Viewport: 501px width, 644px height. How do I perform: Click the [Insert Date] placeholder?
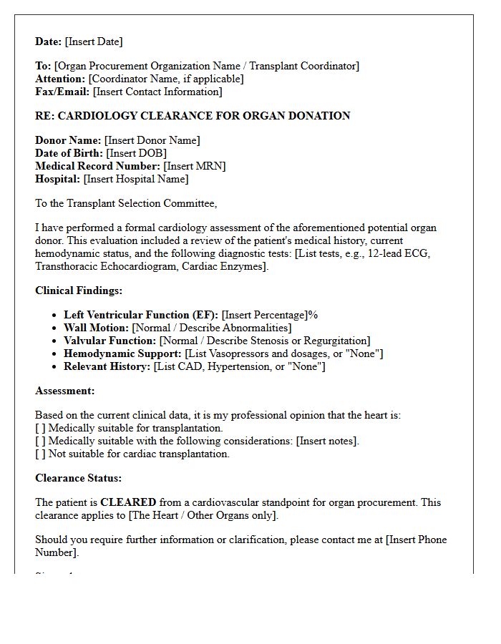click(94, 42)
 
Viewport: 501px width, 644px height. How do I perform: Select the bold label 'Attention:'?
click(60, 79)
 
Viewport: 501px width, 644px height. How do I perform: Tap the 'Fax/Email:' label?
click(62, 92)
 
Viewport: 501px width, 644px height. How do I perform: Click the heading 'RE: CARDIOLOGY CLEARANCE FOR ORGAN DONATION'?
click(193, 116)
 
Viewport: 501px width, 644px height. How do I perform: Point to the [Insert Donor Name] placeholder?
click(152, 140)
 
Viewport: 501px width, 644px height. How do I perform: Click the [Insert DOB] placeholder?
click(136, 153)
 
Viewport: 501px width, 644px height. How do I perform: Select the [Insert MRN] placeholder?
click(194, 166)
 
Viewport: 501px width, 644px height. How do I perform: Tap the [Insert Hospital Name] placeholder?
click(136, 179)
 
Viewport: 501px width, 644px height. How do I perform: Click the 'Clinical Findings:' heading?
click(79, 291)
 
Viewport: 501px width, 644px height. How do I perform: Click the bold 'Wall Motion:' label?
click(96, 328)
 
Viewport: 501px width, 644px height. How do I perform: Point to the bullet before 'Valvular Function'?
click(56, 341)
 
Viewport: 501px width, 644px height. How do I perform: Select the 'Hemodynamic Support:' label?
click(122, 353)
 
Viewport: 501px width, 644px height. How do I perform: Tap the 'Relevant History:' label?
click(107, 366)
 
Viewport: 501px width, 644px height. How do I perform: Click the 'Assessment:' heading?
click(64, 391)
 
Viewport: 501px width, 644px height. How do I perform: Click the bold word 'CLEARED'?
click(128, 502)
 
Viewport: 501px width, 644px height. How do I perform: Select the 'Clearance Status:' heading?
click(78, 478)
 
